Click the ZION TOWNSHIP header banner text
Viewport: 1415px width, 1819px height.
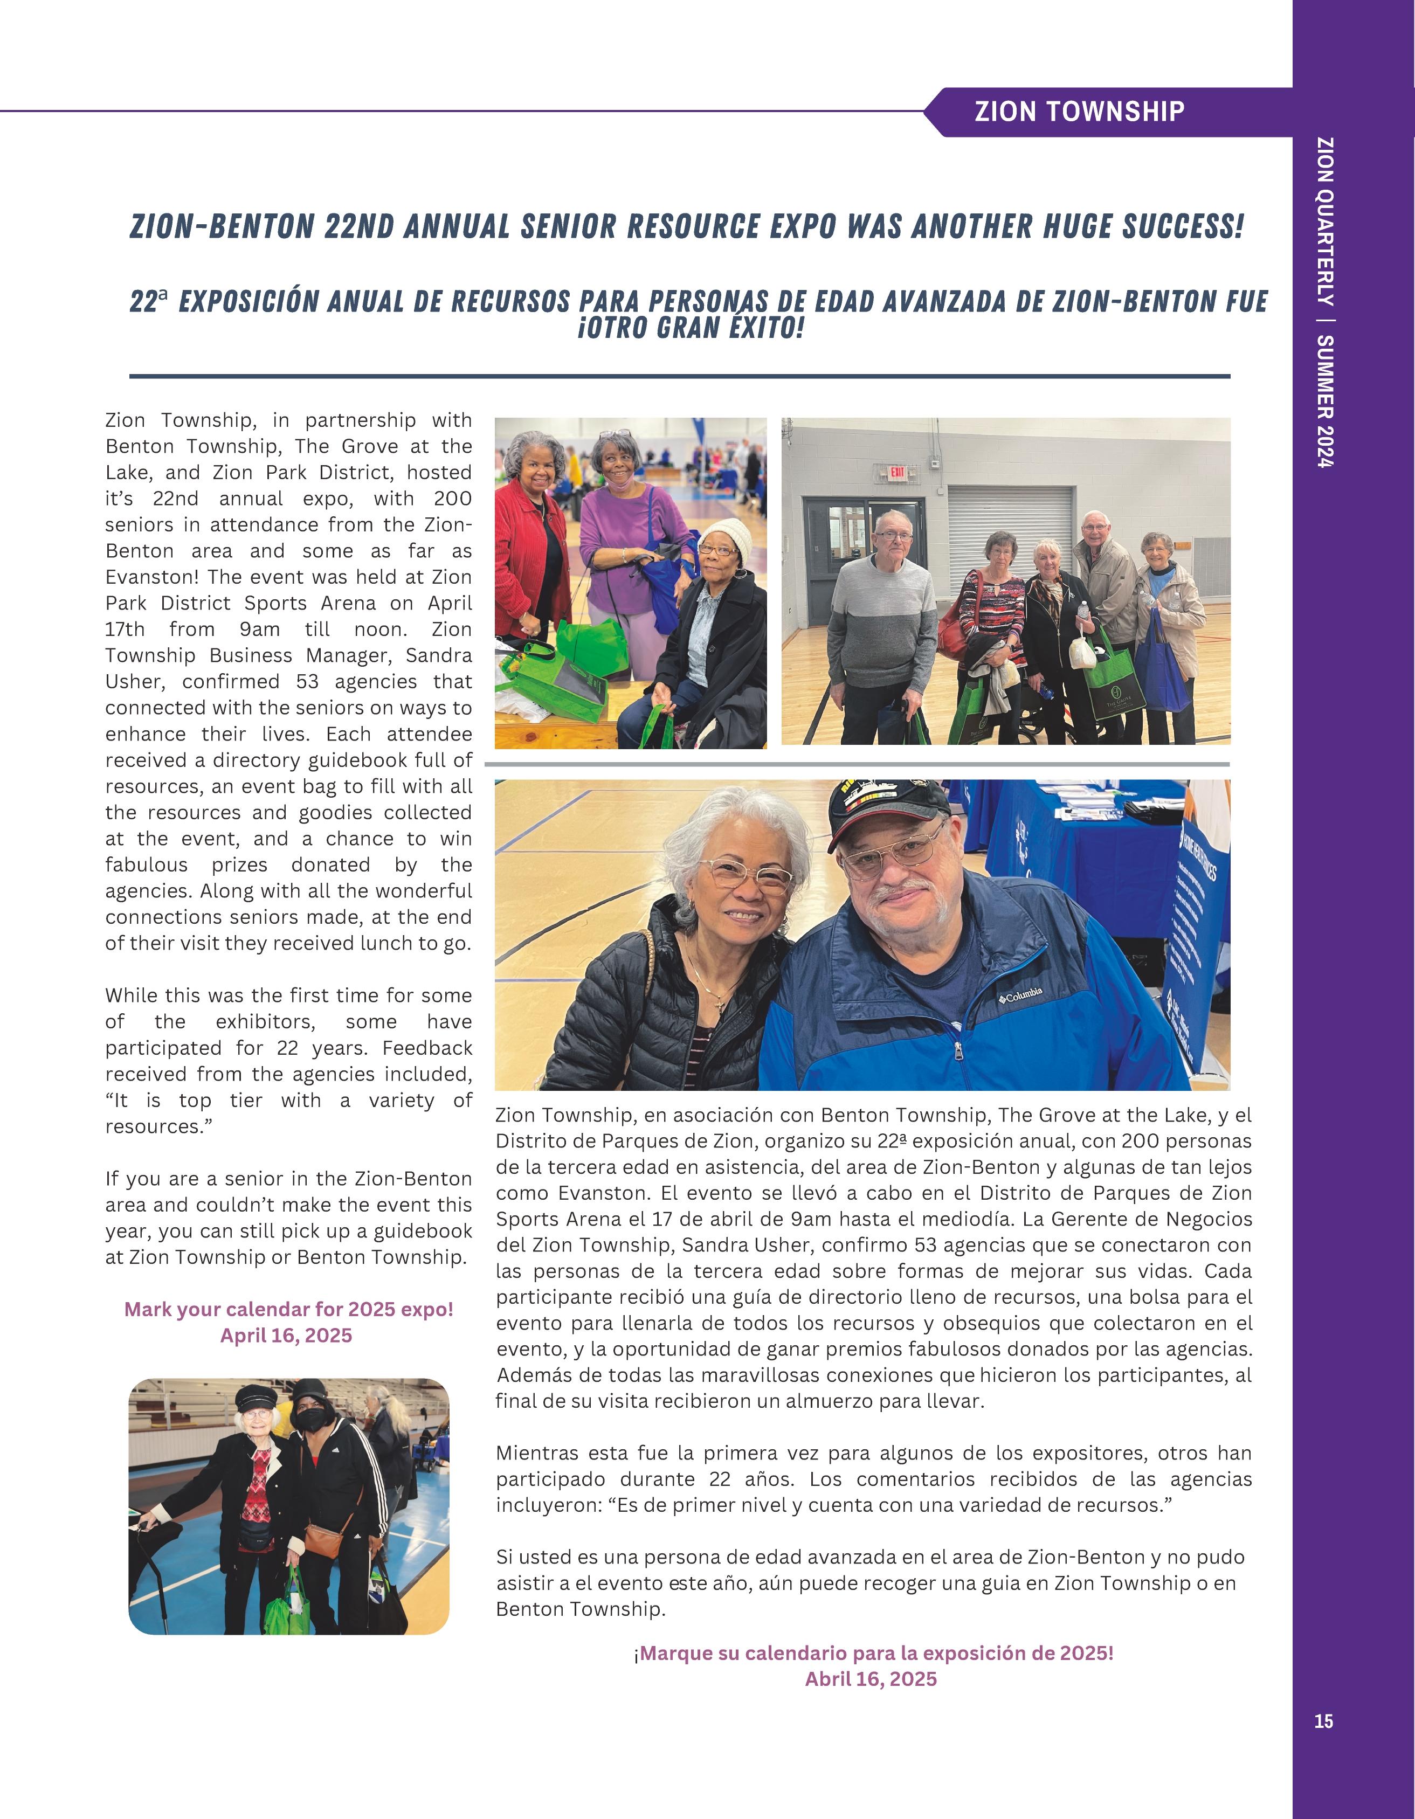[x=1079, y=112]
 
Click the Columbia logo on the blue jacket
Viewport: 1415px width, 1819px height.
[x=1021, y=995]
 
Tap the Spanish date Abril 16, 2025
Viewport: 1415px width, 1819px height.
[x=871, y=1679]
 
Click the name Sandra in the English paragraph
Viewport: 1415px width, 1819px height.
[x=439, y=655]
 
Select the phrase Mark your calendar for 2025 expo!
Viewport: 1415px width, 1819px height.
[x=288, y=1309]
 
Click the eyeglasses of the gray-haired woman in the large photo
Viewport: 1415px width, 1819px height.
[x=746, y=874]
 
